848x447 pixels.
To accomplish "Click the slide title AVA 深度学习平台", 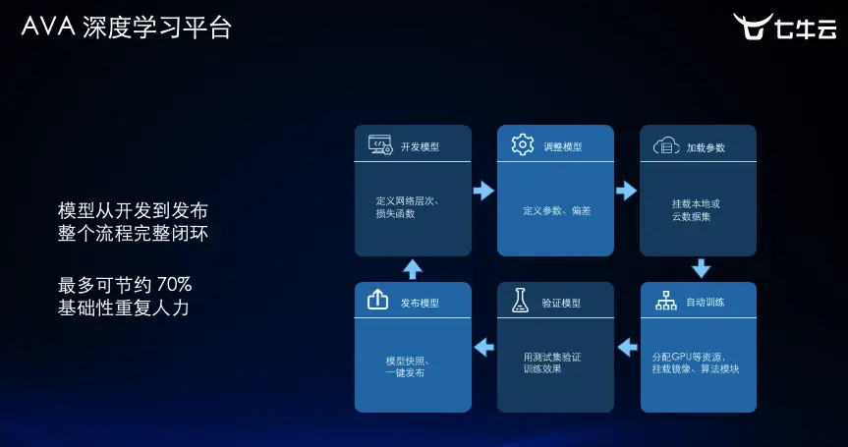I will pos(127,28).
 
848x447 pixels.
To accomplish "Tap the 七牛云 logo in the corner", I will pos(784,28).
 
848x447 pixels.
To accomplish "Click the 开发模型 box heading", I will pos(420,147).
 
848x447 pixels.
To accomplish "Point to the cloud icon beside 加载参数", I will pos(666,146).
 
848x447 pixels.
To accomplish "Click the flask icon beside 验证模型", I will pos(520,302).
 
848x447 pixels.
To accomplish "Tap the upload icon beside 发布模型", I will pos(378,301).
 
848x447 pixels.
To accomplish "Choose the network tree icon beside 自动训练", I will pos(666,302).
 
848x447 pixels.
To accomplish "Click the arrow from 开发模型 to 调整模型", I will pos(483,191).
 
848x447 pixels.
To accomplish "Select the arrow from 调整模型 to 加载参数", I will pos(626,191).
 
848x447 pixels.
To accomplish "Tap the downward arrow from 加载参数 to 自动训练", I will pos(701,268).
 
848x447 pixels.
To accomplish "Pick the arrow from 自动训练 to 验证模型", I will pos(626,346).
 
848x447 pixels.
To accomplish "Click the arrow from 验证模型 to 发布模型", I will pos(483,346).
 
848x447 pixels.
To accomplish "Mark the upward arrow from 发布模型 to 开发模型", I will pos(413,268).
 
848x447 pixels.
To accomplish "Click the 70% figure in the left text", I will pos(175,285).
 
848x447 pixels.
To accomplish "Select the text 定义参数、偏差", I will pos(556,211).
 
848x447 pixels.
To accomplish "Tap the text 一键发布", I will pos(406,373).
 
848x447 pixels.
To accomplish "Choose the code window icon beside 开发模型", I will pos(380,145).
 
